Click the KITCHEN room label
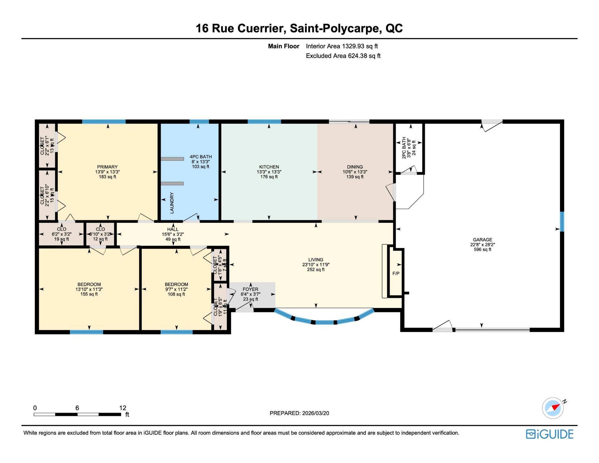pos(269,167)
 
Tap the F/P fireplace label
pos(396,273)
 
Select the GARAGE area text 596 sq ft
pos(482,249)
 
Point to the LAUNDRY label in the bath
pos(172,203)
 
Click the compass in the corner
pos(553,408)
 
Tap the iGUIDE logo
pos(549,434)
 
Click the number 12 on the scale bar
pos(123,408)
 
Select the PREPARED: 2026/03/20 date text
pos(299,413)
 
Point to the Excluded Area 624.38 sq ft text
pos(343,56)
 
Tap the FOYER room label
pos(250,289)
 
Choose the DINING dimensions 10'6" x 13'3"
pos(355,172)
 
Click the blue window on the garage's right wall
pos(562,222)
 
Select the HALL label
pos(173,229)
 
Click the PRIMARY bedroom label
pos(107,167)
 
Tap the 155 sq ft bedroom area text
pos(89,294)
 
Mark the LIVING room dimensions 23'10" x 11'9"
pos(316,265)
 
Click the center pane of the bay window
pos(324,322)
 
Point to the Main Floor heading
pos(284,46)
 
